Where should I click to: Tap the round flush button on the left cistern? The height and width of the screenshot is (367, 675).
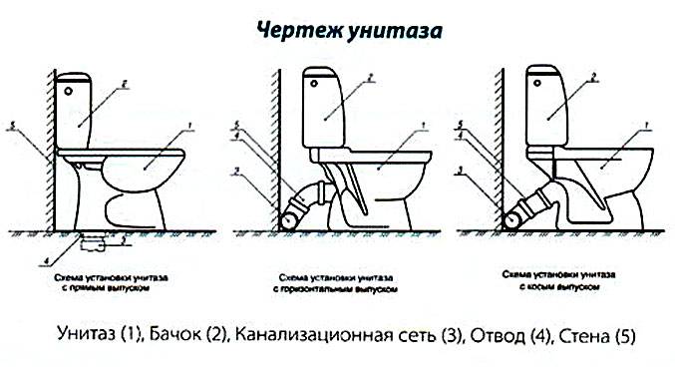tap(69, 89)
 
